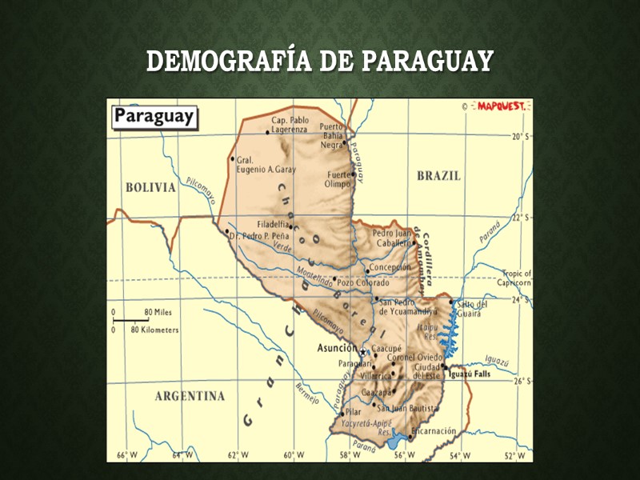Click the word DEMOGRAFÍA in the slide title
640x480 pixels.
(229, 62)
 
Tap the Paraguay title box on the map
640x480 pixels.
(154, 116)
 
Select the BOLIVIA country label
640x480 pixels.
(150, 187)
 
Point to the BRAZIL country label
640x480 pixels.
(438, 176)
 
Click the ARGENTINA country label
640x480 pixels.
(190, 396)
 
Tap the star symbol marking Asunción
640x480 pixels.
(362, 352)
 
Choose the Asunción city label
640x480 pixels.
(336, 348)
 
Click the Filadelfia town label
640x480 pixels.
(274, 224)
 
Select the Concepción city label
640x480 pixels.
(390, 267)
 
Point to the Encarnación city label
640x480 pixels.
(433, 430)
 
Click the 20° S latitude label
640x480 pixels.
(520, 137)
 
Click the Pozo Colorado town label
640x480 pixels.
(362, 282)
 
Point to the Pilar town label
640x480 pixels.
(353, 413)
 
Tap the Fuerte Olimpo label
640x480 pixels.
(338, 179)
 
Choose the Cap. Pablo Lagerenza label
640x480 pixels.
(290, 125)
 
